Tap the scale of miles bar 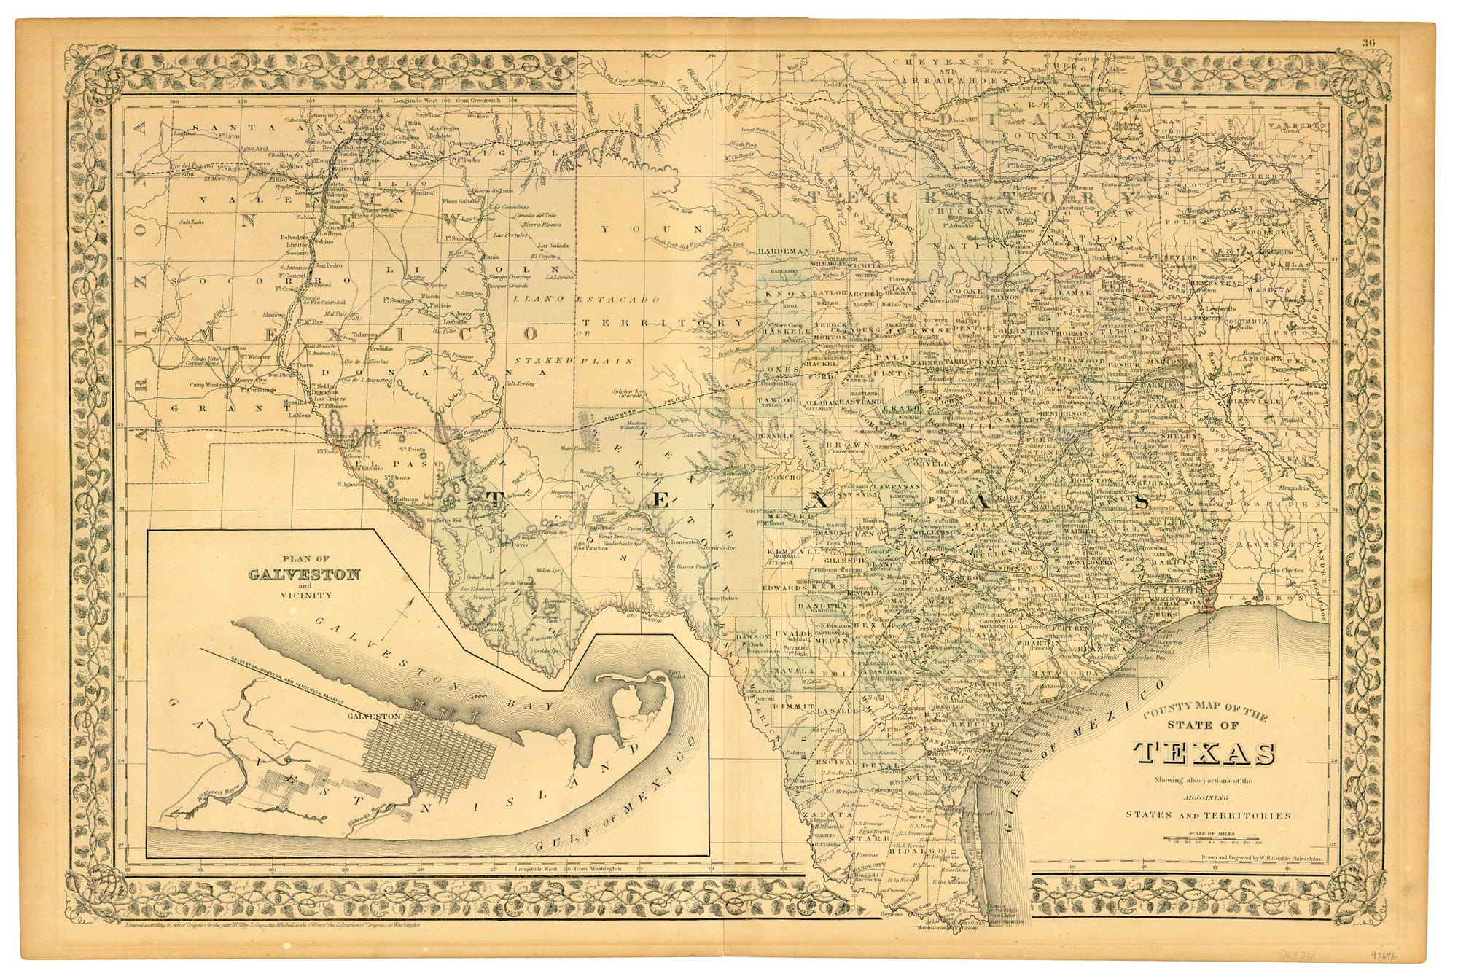1212,840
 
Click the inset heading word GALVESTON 304,574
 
